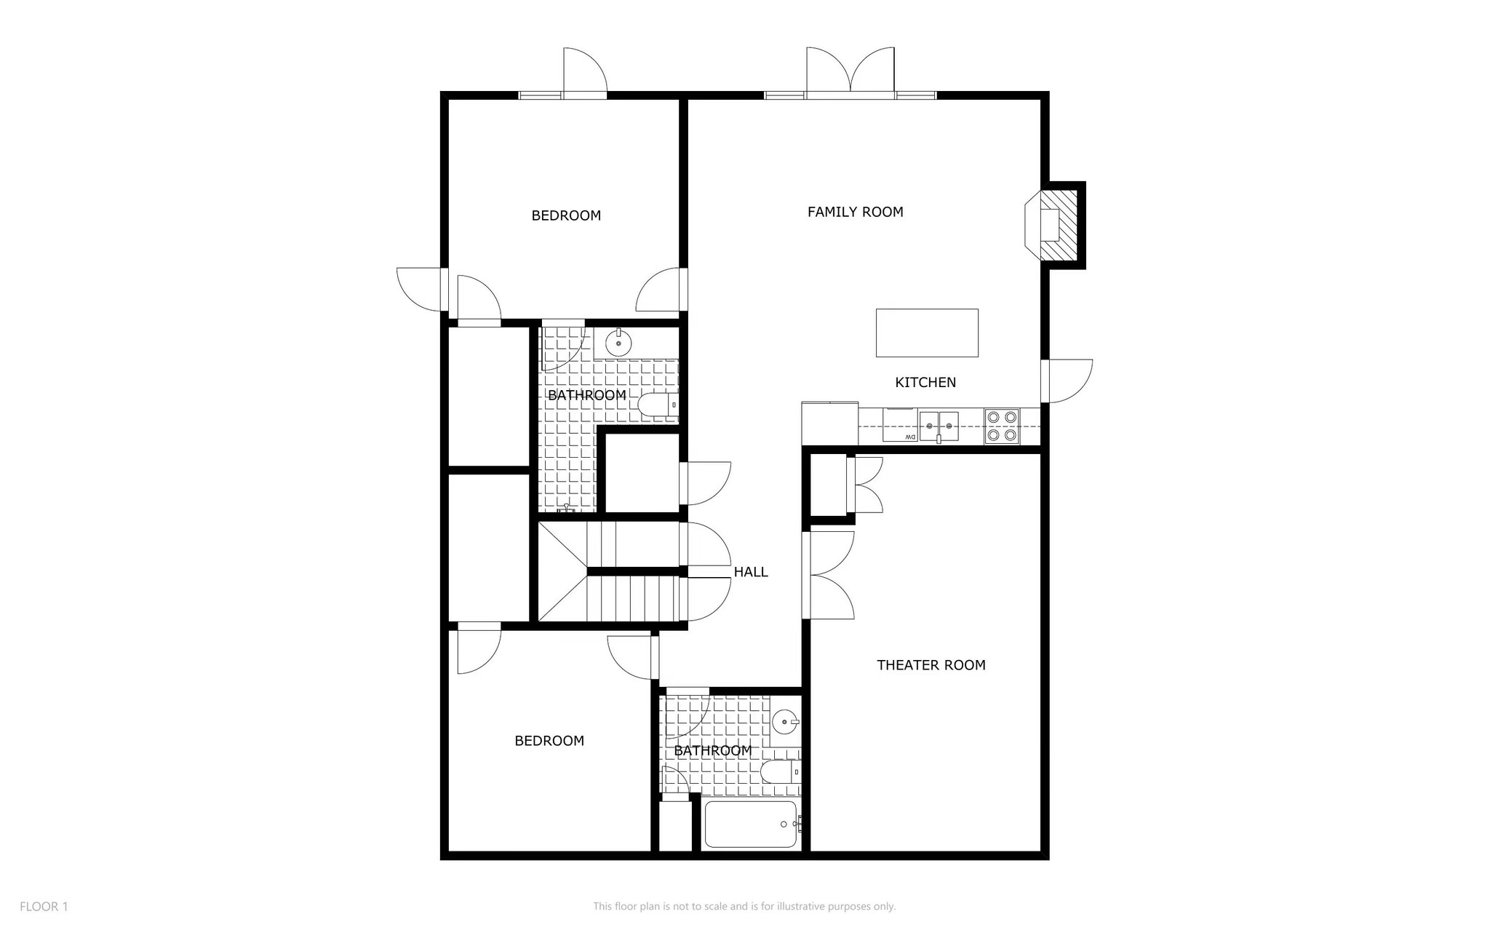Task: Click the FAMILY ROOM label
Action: click(x=855, y=212)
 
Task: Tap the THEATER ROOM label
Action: click(x=931, y=664)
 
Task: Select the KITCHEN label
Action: click(x=925, y=382)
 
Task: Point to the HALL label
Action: click(x=750, y=572)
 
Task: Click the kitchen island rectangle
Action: click(x=926, y=333)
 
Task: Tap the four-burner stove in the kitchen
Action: click(x=1002, y=426)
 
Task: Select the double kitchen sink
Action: click(x=939, y=426)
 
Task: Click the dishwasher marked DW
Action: click(x=899, y=426)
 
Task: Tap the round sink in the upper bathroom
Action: click(x=618, y=343)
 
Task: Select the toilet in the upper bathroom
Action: click(x=657, y=405)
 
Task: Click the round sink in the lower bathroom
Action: click(x=785, y=723)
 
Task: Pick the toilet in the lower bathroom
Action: click(x=779, y=771)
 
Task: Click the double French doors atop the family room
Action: click(x=850, y=73)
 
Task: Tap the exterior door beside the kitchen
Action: click(x=1067, y=381)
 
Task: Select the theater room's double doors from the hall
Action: click(x=829, y=575)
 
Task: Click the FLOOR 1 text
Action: click(x=44, y=907)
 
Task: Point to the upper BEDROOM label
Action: click(x=566, y=215)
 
